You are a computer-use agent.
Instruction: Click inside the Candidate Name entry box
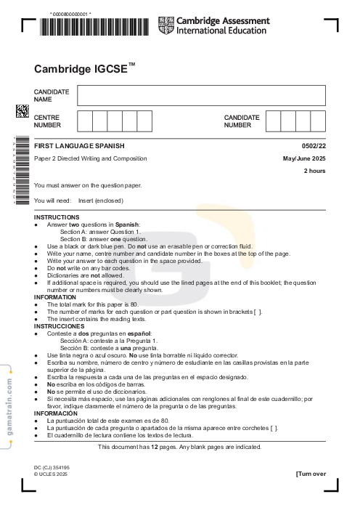(201, 95)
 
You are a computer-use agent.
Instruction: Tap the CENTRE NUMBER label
(48, 121)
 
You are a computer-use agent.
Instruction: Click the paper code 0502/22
(314, 147)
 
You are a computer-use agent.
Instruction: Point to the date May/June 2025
(304, 158)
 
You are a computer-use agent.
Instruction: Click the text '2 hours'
(314, 171)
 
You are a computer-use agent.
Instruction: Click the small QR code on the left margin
(22, 111)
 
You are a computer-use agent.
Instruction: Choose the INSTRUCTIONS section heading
(57, 217)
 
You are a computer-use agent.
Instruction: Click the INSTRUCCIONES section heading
(60, 326)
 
